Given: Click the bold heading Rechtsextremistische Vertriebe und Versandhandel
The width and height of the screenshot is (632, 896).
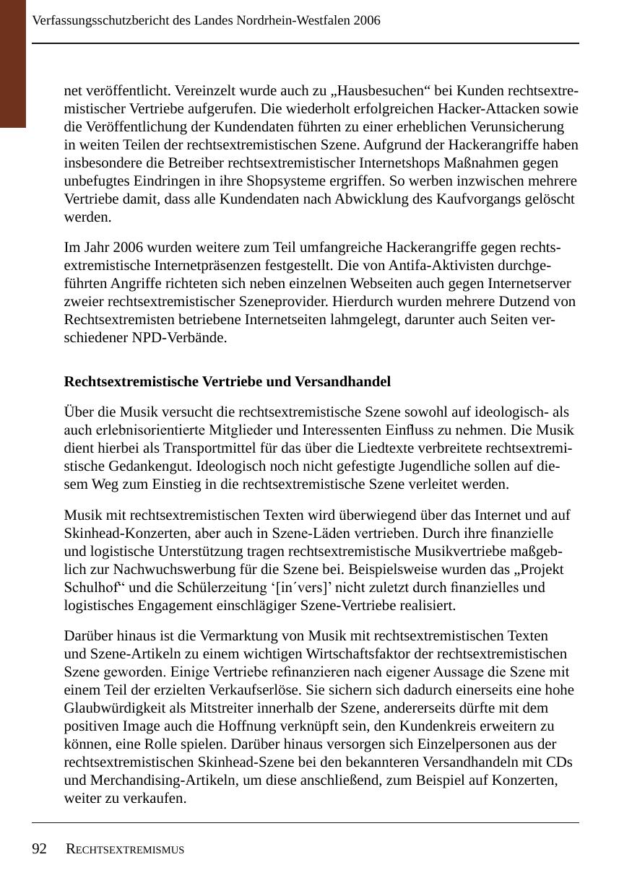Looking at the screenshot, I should click(x=228, y=381).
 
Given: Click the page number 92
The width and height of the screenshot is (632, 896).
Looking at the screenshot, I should click(x=40, y=849).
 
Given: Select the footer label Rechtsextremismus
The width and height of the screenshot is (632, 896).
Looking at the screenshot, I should click(x=125, y=850).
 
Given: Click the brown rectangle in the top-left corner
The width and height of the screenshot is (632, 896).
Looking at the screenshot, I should click(x=13, y=64).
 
